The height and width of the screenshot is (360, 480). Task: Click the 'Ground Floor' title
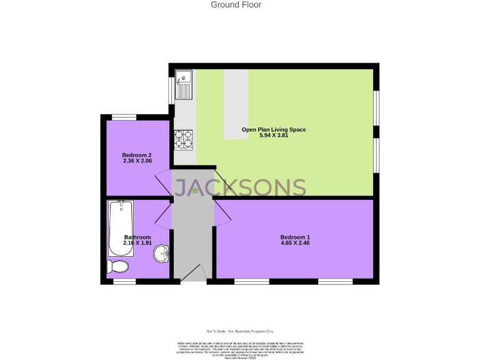(236, 5)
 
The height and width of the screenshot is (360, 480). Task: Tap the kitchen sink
(185, 84)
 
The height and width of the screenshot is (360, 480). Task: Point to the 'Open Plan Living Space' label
(274, 130)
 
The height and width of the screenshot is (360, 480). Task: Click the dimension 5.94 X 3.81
(274, 136)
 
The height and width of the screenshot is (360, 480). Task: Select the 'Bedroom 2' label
(137, 155)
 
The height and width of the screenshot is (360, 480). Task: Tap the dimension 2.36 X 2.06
(137, 161)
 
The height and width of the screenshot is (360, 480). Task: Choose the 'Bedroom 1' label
(295, 237)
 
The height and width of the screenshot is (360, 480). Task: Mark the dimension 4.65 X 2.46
(295, 244)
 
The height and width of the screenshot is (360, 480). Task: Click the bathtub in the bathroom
(121, 227)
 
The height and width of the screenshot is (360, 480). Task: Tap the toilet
(117, 267)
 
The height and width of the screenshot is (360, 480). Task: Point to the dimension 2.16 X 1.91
(137, 244)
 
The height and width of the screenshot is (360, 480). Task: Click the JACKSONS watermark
(239, 188)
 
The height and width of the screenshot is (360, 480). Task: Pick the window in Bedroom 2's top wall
(124, 117)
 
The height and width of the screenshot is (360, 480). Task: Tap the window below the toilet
(124, 282)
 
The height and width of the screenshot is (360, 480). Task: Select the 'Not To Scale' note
(240, 331)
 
